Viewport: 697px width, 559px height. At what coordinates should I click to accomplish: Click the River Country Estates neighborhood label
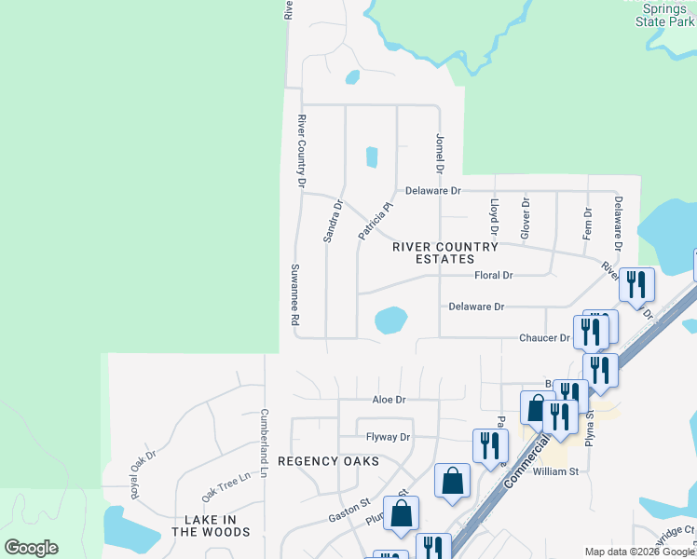[x=431, y=252]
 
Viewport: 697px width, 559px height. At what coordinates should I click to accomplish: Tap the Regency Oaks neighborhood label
[x=328, y=461]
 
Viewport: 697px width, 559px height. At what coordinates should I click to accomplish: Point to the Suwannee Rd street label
[x=294, y=293]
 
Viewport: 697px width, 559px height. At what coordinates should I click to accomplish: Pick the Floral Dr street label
[x=494, y=276]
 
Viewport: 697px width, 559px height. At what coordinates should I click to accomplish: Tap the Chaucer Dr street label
[x=544, y=338]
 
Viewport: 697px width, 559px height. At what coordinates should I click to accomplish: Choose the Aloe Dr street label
[x=388, y=400]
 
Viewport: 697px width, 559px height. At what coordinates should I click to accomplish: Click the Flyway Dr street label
[x=388, y=437]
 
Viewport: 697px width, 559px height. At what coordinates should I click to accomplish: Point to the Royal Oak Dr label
[x=143, y=474]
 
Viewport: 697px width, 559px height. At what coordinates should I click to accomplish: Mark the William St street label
[x=555, y=472]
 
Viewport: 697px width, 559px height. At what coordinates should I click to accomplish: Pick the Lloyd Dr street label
[x=495, y=216]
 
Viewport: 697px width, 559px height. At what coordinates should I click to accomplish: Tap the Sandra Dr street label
[x=334, y=222]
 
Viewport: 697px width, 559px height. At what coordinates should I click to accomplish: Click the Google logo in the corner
[x=31, y=548]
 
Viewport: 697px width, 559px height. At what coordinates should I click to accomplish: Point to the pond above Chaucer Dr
[x=390, y=320]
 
